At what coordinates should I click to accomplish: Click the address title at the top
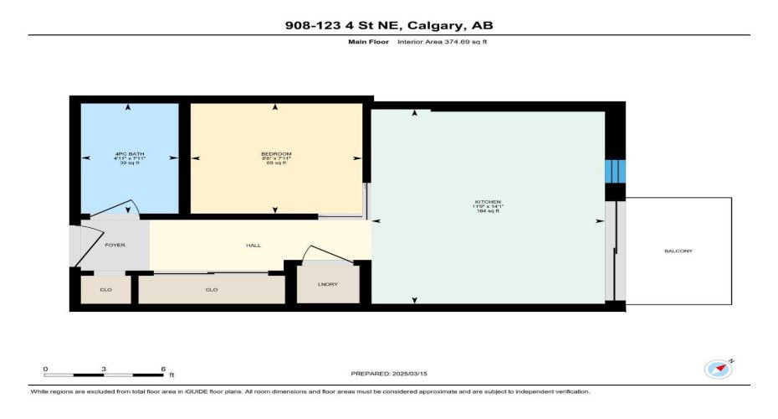389,24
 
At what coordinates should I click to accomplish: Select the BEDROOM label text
275,154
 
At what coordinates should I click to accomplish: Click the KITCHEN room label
487,203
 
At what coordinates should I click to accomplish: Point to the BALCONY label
678,251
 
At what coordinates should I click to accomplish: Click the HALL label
253,246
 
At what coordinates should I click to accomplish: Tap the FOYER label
115,246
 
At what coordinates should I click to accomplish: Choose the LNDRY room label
328,285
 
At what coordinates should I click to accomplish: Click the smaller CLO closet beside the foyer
105,290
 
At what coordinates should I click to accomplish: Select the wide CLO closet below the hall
212,290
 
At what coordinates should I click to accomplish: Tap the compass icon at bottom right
717,368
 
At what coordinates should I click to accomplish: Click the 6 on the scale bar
162,370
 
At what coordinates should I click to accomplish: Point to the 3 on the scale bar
104,370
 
